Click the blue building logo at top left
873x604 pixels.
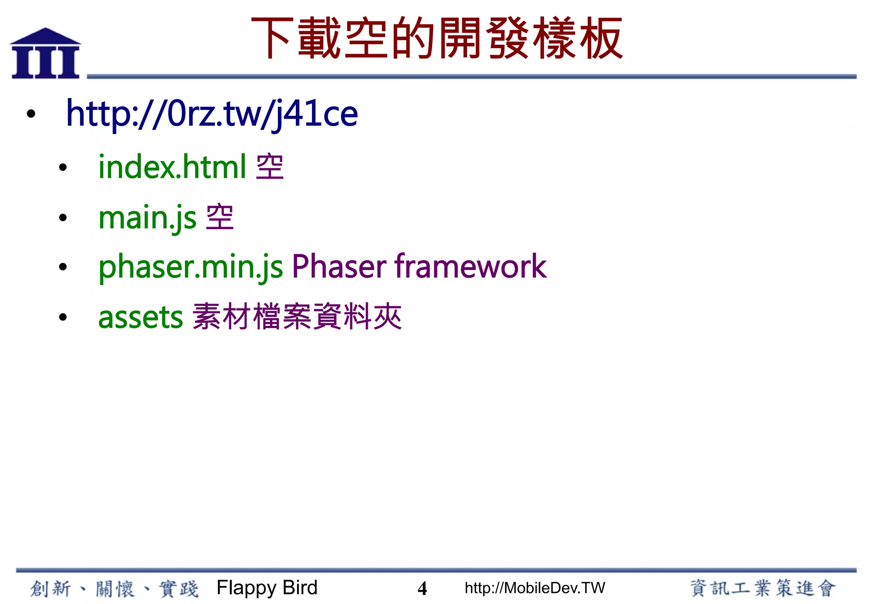pos(46,54)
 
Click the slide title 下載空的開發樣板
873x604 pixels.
pos(437,38)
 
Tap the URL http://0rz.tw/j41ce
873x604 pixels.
pos(212,114)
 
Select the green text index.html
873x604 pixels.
pos(172,167)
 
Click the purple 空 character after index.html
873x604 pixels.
pos(270,167)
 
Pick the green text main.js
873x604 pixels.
pos(147,218)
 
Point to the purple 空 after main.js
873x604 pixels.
pos(220,217)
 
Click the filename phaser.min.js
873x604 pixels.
pos(191,267)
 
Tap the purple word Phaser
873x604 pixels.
pos(339,267)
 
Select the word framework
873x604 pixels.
pos(471,267)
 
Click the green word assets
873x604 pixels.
pos(141,317)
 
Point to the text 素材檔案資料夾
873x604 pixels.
pos(297,317)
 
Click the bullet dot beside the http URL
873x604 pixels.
pos(31,114)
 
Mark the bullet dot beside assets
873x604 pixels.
pos(63,317)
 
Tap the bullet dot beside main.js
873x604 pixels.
pos(63,218)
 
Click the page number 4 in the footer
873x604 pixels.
pos(422,588)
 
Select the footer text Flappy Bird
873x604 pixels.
pos(267,588)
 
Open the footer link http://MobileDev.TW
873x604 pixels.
pos(535,588)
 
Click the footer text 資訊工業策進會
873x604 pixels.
pos(763,588)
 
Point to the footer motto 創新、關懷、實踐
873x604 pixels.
pos(114,589)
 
